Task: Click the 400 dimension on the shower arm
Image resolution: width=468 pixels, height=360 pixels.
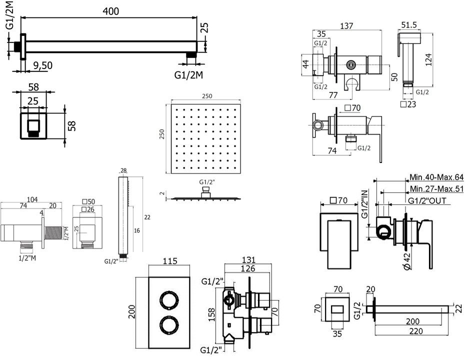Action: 110,11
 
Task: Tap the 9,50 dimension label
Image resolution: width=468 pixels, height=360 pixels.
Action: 42,65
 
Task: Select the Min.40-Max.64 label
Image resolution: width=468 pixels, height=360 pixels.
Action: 436,177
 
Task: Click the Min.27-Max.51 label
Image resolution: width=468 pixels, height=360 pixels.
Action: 436,188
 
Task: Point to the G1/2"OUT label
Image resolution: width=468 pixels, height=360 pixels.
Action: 427,200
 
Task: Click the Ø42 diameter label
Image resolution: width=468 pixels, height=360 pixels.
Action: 407,261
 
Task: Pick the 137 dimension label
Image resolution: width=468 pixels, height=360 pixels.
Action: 346,26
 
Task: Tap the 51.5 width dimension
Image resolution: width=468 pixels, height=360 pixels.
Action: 408,25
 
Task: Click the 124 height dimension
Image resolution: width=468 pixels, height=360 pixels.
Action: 428,59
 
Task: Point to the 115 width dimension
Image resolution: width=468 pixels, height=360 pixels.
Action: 170,261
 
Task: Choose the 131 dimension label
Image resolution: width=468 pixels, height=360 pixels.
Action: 248,260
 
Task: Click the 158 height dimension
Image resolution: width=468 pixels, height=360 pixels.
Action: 211,314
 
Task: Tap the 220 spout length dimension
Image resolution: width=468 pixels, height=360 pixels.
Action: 416,331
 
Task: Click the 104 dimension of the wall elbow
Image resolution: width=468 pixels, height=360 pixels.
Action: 32,199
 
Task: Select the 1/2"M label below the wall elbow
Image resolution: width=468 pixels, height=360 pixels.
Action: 27,258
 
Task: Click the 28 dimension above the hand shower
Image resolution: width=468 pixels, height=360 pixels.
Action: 123,170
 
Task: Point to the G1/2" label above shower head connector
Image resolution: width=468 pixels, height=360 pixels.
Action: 207,181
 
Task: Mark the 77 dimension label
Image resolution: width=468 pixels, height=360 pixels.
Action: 333,95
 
